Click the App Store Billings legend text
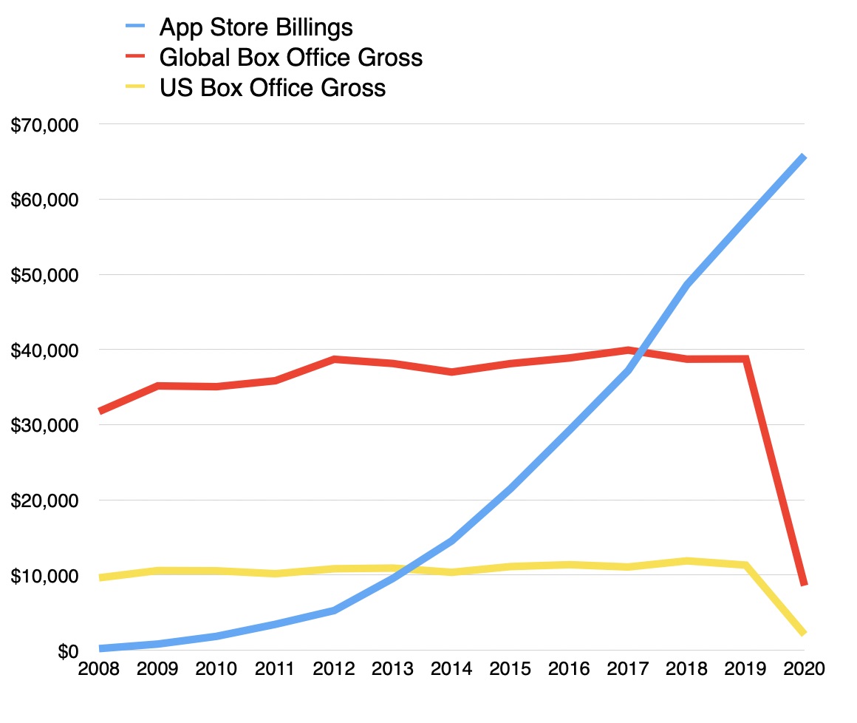pyautogui.click(x=256, y=28)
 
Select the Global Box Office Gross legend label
pyautogui.click(x=290, y=58)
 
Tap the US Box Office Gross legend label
pyautogui.click(x=272, y=88)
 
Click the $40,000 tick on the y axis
pyautogui.click(x=44, y=350)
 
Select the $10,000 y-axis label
pyautogui.click(x=44, y=576)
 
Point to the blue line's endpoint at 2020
pyautogui.click(x=803, y=157)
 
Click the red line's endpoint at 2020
pyautogui.click(x=803, y=584)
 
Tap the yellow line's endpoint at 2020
pyautogui.click(x=803, y=633)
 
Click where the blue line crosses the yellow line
pyautogui.click(x=405, y=569)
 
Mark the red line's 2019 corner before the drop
pyautogui.click(x=746, y=359)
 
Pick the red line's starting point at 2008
pyautogui.click(x=100, y=410)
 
